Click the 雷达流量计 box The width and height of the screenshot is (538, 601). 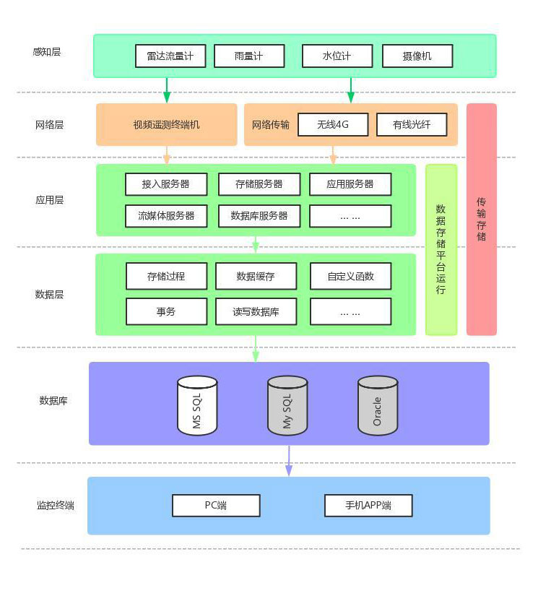170,56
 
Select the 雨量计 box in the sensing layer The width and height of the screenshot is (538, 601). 249,56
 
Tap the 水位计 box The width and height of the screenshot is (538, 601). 337,56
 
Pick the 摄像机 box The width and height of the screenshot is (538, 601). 417,56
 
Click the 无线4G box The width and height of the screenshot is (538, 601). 333,124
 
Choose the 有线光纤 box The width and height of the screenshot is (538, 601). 412,124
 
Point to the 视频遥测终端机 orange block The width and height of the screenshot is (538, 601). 167,124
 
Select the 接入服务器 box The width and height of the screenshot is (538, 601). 166,184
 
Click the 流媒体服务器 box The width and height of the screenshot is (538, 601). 166,216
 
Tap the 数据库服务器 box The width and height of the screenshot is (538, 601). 259,216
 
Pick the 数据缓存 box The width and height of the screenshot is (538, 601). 256,276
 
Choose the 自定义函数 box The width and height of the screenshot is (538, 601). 351,276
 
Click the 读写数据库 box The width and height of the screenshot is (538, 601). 256,312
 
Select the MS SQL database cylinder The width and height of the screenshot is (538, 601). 197,405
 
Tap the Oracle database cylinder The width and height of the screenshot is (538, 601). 378,405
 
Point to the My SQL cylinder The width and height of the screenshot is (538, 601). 287,405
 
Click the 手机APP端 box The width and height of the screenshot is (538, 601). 368,506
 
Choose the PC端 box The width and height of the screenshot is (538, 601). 216,506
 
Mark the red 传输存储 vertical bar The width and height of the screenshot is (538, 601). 482,219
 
